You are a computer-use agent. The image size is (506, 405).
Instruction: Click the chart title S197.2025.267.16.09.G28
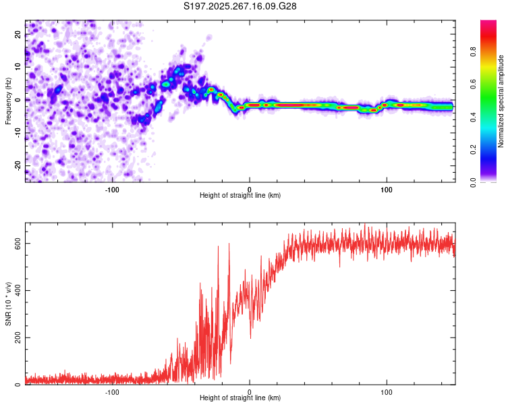click(x=241, y=6)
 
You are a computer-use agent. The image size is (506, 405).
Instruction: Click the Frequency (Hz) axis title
click(x=8, y=101)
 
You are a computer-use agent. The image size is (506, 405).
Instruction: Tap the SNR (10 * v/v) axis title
click(x=8, y=304)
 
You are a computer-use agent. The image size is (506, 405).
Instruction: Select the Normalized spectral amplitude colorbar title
click(x=501, y=101)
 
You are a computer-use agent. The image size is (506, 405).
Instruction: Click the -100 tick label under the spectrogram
click(x=112, y=188)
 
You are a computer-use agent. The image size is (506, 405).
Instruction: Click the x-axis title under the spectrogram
click(x=240, y=196)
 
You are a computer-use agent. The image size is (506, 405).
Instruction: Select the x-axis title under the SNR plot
click(x=240, y=399)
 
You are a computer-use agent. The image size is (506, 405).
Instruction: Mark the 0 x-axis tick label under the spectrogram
click(x=250, y=188)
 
